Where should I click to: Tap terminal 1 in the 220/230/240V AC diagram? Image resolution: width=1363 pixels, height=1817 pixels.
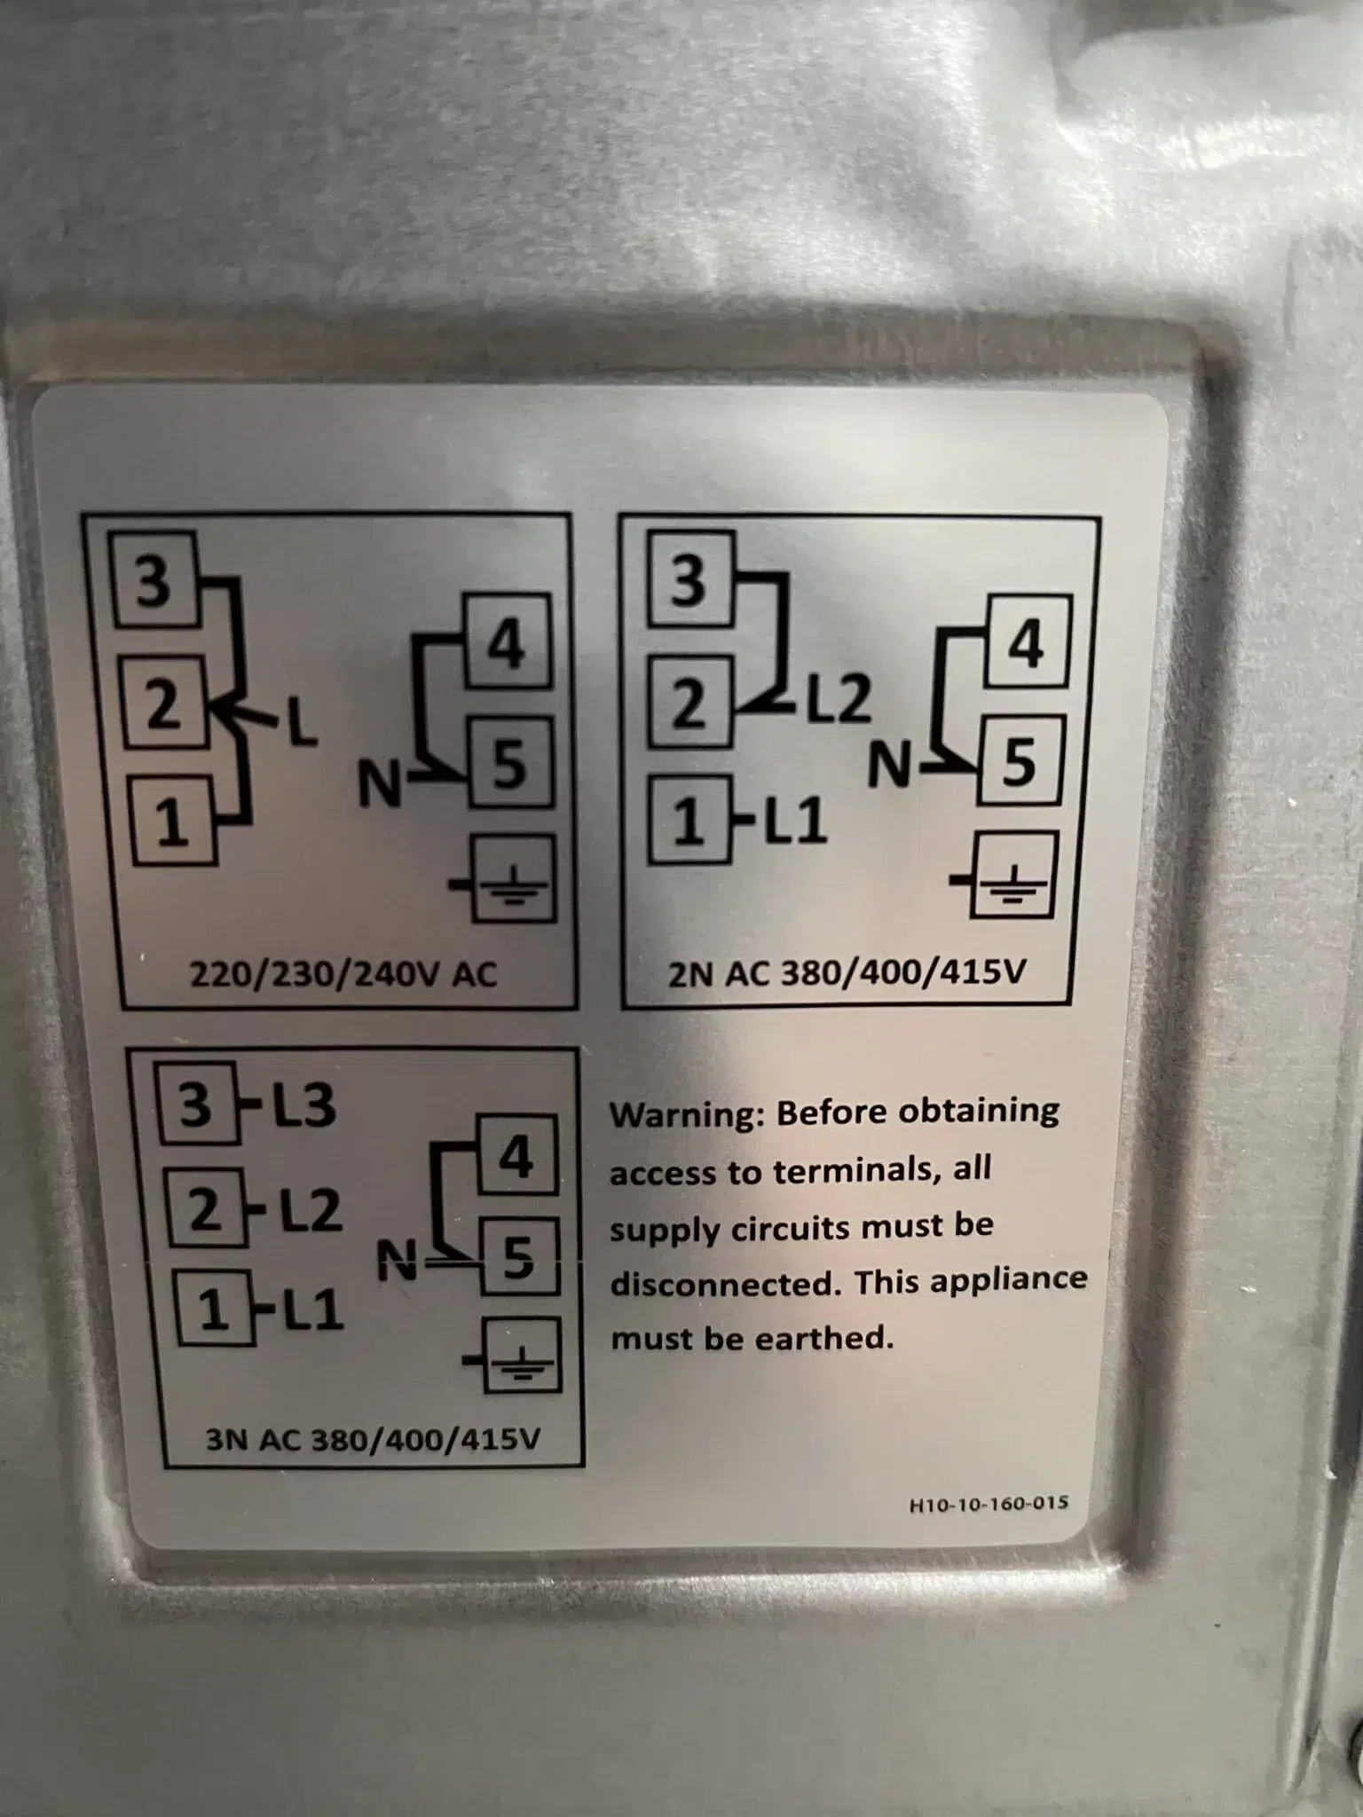[x=174, y=821]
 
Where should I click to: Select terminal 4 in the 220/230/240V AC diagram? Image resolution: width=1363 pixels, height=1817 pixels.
[x=507, y=644]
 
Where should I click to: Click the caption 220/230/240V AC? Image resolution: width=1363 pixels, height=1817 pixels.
[x=343, y=975]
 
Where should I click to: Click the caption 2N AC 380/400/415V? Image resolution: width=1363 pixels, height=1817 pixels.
[x=847, y=972]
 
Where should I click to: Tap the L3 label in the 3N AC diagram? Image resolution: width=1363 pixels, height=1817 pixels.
[x=303, y=1106]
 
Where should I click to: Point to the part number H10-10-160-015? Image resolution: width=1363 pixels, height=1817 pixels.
[x=989, y=1505]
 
